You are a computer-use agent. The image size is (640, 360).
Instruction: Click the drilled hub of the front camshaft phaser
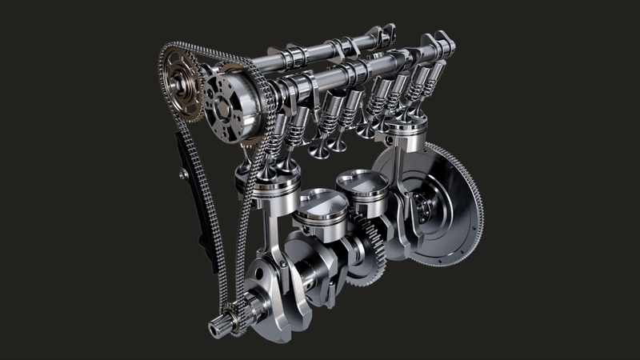tap(227, 103)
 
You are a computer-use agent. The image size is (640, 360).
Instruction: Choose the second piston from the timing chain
tap(320, 210)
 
